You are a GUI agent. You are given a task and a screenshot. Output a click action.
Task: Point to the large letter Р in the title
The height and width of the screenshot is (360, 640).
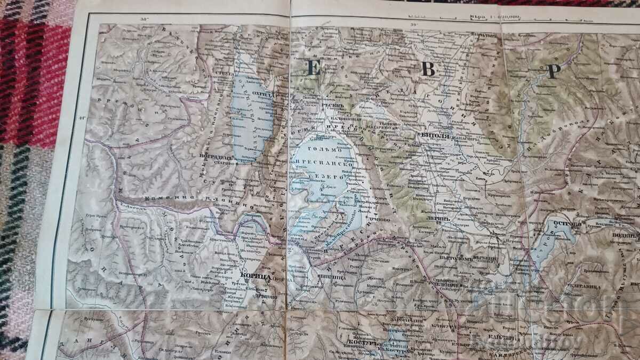click(553, 71)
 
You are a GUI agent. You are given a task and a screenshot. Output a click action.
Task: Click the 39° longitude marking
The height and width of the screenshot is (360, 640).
click(412, 23)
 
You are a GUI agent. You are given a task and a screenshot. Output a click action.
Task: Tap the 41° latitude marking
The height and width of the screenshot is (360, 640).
click(79, 118)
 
